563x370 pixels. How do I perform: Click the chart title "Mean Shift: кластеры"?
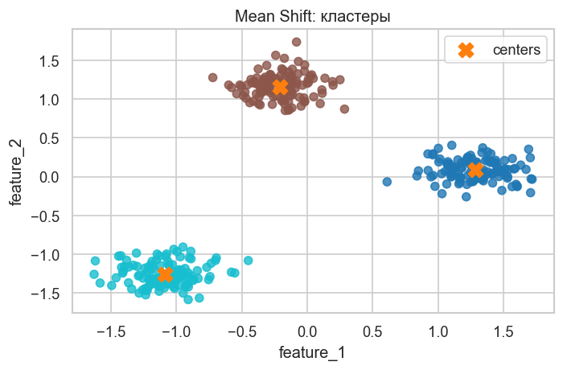(x=312, y=15)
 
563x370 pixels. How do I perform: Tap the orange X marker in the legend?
(x=465, y=50)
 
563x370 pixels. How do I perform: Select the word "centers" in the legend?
(x=516, y=50)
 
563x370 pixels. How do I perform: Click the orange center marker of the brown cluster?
(x=280, y=87)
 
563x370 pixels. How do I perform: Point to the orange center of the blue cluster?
(x=475, y=170)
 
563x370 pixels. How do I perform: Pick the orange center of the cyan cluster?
(x=165, y=274)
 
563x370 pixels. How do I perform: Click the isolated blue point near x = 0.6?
(x=387, y=182)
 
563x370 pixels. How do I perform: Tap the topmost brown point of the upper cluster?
(x=296, y=42)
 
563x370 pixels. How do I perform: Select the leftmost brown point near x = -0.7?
(x=212, y=78)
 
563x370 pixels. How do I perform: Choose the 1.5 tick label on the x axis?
(x=503, y=330)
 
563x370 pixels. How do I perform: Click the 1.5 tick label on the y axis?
(x=49, y=61)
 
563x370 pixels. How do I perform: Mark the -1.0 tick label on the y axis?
(x=46, y=255)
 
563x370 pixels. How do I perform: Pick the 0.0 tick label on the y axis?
(x=49, y=177)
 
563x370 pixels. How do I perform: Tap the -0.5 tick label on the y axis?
(x=46, y=216)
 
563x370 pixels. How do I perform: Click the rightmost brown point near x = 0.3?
(x=344, y=109)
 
